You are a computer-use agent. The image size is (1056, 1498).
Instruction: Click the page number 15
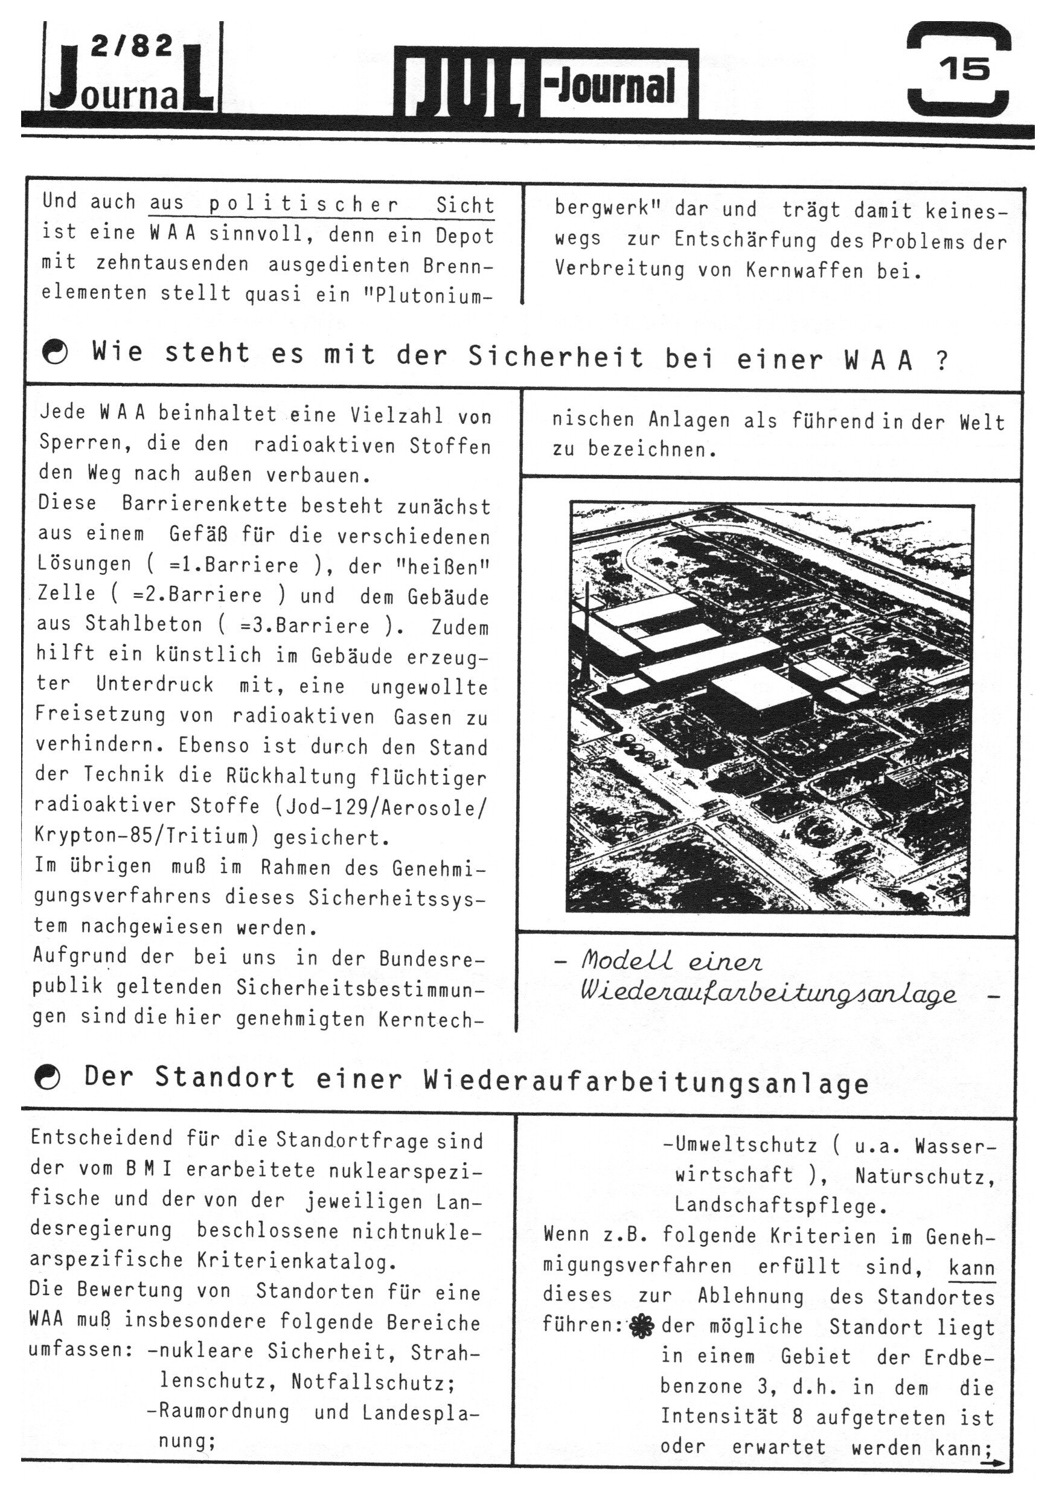(x=965, y=68)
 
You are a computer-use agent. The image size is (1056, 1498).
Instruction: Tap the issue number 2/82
(x=132, y=46)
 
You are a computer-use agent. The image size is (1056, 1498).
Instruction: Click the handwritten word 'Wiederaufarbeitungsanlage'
(x=768, y=994)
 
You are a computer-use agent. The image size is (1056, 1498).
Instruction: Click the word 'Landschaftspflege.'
(x=781, y=1206)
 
